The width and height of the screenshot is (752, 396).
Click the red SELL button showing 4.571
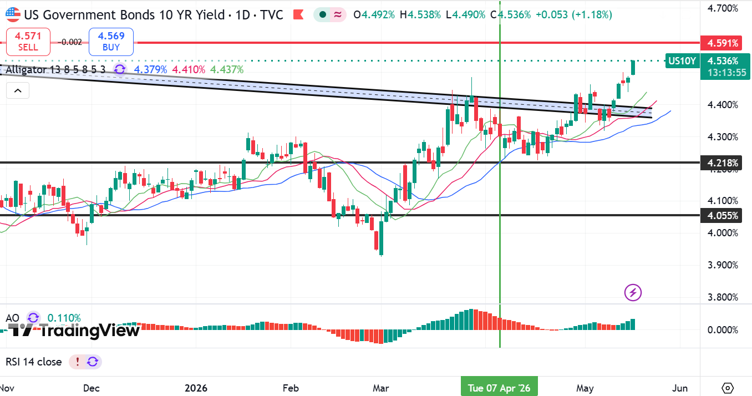tap(28, 42)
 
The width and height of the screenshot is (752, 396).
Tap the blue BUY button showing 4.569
tap(111, 42)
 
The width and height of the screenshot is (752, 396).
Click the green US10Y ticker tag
tap(682, 61)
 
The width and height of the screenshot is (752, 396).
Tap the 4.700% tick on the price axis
tap(723, 8)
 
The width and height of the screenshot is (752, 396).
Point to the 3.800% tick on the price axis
tap(723, 297)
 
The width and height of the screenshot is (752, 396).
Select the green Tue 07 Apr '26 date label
tap(499, 388)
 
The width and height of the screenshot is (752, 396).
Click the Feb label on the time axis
tap(291, 388)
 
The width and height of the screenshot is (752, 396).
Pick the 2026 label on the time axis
tap(196, 388)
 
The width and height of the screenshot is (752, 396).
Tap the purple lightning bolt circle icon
tap(633, 292)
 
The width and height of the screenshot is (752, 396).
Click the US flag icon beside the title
tap(13, 14)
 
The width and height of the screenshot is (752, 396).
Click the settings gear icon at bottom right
tap(728, 388)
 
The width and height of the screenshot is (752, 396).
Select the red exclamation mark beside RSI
tap(78, 362)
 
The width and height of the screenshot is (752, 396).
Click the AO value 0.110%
tap(64, 318)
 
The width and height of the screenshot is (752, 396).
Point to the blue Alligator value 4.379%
tap(150, 69)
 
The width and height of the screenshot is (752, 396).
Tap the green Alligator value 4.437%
tap(227, 69)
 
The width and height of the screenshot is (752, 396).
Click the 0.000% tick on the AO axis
tap(723, 330)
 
